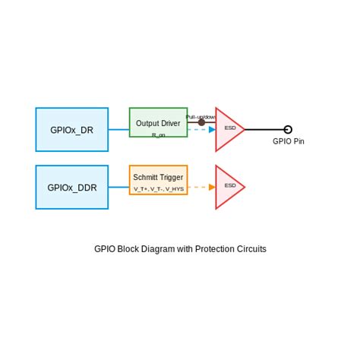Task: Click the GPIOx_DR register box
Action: [x=71, y=130]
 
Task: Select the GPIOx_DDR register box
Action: [x=71, y=187]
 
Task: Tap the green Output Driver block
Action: [x=158, y=122]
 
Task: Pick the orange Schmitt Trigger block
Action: [x=158, y=179]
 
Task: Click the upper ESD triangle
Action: [x=228, y=129]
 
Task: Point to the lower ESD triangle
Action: [x=228, y=187]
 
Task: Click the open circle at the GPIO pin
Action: [x=288, y=129]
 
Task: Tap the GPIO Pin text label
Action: [x=289, y=142]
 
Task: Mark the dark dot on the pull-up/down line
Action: [x=201, y=122]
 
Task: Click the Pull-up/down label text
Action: [x=201, y=116]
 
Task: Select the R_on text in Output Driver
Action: [x=158, y=134]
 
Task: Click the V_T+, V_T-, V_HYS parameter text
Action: [x=158, y=188]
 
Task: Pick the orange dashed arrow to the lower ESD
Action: [x=202, y=187]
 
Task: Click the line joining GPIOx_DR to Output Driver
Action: [x=118, y=130]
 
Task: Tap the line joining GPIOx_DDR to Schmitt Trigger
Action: [x=118, y=187]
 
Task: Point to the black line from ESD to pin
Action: [x=264, y=129]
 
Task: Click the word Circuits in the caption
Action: [x=251, y=249]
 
